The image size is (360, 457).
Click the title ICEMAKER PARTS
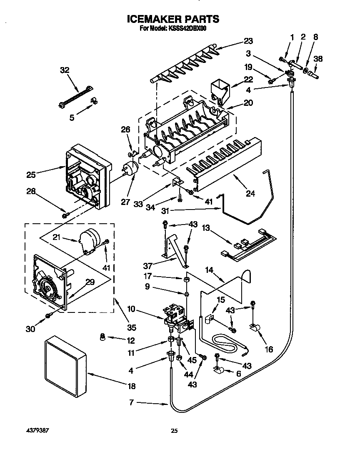pyautogui.click(x=172, y=19)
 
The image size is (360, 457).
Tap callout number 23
pyautogui.click(x=248, y=41)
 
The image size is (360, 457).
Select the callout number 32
pyautogui.click(x=65, y=70)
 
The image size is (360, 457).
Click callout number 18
pyautogui.click(x=132, y=386)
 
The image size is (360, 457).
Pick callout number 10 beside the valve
pyautogui.click(x=132, y=309)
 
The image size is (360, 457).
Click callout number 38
pyautogui.click(x=318, y=60)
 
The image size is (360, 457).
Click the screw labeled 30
pyautogui.click(x=49, y=316)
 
